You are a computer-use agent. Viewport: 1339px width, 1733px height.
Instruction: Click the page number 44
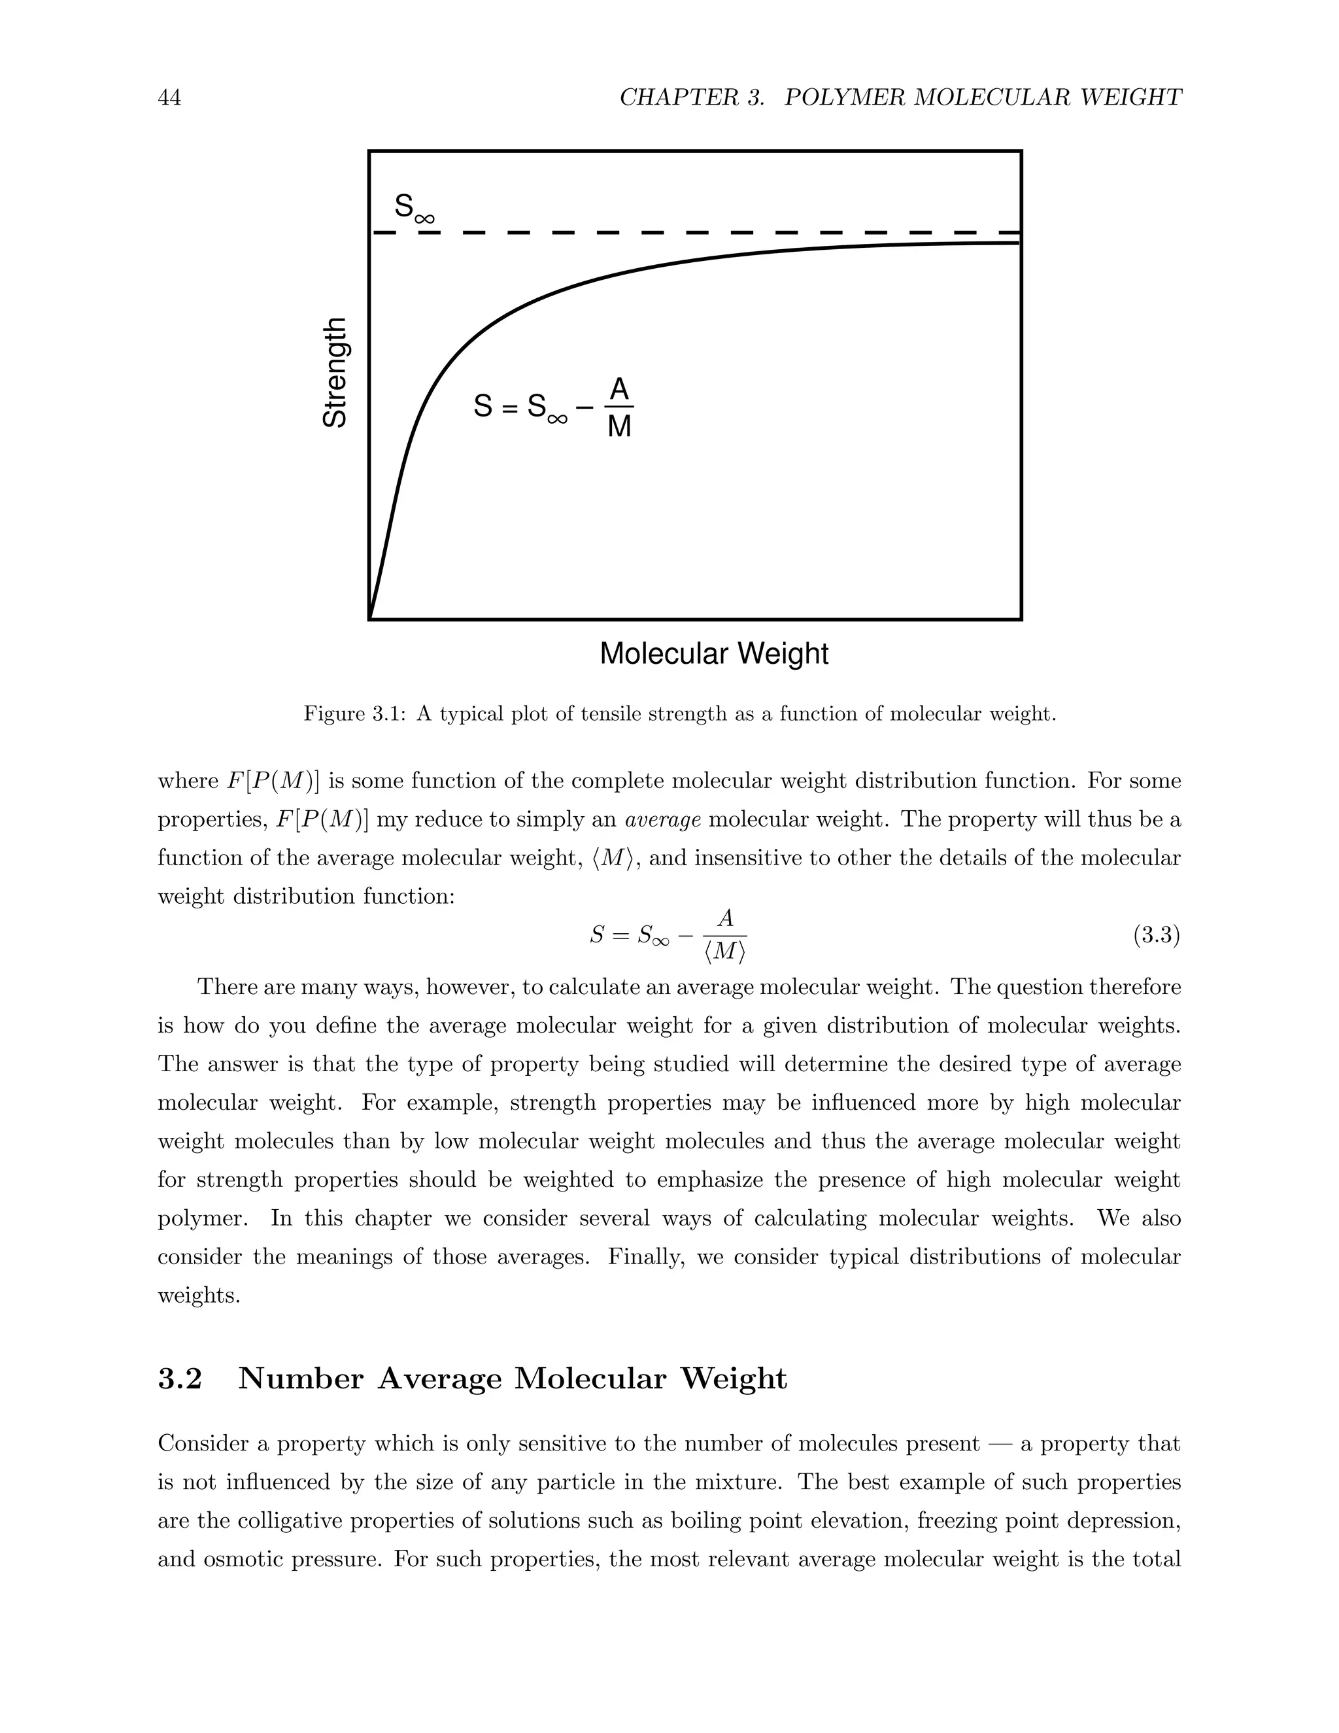coord(169,97)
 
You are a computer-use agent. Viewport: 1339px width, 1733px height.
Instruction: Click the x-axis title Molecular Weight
coord(713,654)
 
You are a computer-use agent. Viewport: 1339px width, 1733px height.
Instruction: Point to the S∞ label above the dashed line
coord(414,208)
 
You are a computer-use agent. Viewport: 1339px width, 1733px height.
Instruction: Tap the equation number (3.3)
coord(1156,936)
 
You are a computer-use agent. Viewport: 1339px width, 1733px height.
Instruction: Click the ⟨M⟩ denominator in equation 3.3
coord(724,952)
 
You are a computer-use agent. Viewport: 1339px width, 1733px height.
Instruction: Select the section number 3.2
coord(180,1379)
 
